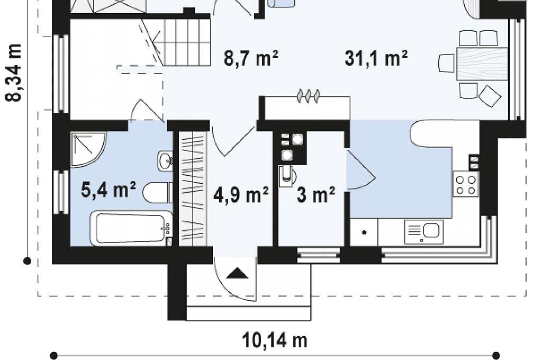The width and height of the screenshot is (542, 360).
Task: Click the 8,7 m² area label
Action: point(251,58)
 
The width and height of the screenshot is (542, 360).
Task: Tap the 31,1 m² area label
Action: point(376,58)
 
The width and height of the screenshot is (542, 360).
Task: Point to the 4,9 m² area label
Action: point(241,195)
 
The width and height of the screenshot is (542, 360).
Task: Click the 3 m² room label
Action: point(315,195)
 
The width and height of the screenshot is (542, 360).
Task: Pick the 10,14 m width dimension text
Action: point(275,340)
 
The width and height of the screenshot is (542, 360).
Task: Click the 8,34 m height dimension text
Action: point(14,73)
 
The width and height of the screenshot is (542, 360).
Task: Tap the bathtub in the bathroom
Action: point(131,229)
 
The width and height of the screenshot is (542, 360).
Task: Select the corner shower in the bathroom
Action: point(88,149)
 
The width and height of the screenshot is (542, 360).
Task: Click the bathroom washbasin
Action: point(166,161)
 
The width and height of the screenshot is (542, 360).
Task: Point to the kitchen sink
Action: point(423,231)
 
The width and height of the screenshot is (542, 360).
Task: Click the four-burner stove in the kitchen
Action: point(466,185)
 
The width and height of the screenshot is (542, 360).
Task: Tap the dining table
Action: point(482,64)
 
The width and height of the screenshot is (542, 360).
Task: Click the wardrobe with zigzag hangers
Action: point(193,188)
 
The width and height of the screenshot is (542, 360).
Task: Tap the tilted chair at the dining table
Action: point(490,96)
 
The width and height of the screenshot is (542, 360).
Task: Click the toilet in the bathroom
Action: point(157,192)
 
